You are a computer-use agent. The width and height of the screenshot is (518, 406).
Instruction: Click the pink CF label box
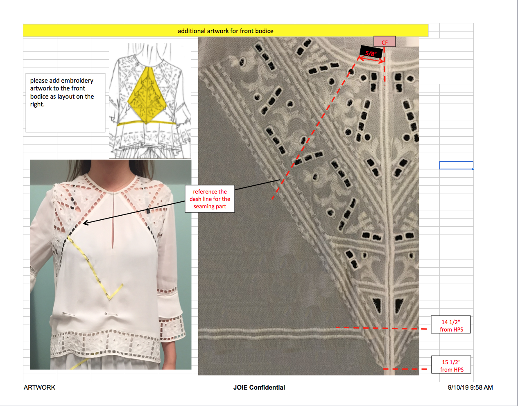point(385,42)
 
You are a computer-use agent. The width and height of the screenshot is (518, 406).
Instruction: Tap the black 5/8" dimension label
point(371,52)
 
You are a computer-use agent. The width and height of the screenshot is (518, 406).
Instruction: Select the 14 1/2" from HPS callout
point(450,325)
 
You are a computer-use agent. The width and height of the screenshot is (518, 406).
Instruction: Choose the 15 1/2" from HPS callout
point(451,365)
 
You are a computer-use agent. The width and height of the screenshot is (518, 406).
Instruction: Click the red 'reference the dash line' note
point(210,199)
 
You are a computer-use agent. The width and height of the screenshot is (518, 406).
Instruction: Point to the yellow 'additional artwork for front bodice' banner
point(226,31)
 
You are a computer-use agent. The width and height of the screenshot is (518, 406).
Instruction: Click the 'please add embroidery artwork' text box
point(66,102)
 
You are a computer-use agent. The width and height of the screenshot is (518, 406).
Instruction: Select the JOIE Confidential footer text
point(259,388)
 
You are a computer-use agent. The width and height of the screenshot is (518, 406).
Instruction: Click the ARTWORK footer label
point(39,388)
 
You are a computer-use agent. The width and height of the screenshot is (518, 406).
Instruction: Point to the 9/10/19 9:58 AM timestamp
point(470,388)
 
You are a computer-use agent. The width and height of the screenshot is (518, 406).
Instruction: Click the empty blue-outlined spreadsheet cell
point(456,165)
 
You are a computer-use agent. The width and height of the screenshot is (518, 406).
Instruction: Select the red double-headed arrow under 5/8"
point(371,59)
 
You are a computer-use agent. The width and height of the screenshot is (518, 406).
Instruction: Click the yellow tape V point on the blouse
point(109,299)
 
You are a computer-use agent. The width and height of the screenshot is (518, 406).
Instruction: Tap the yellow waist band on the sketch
point(147,123)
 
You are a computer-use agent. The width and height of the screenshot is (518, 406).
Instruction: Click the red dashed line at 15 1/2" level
point(405,369)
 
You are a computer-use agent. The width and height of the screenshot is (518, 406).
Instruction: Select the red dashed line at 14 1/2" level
point(381,328)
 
